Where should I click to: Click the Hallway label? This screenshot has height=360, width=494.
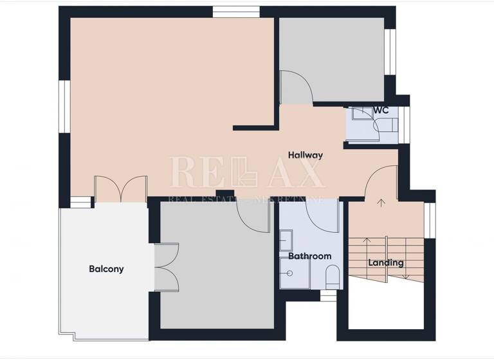point(305,155)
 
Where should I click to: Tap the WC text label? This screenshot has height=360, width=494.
point(381,110)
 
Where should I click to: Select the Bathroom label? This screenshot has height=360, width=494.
point(309,256)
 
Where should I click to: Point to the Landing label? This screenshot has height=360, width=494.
point(386,262)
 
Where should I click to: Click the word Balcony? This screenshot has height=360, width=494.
point(106,269)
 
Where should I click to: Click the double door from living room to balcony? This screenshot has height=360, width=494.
point(120,189)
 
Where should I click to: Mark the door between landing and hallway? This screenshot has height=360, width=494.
point(381,181)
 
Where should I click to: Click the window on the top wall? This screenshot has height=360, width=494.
point(236,11)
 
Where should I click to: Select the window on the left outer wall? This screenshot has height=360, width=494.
point(64,106)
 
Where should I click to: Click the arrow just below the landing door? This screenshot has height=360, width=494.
point(380,204)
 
